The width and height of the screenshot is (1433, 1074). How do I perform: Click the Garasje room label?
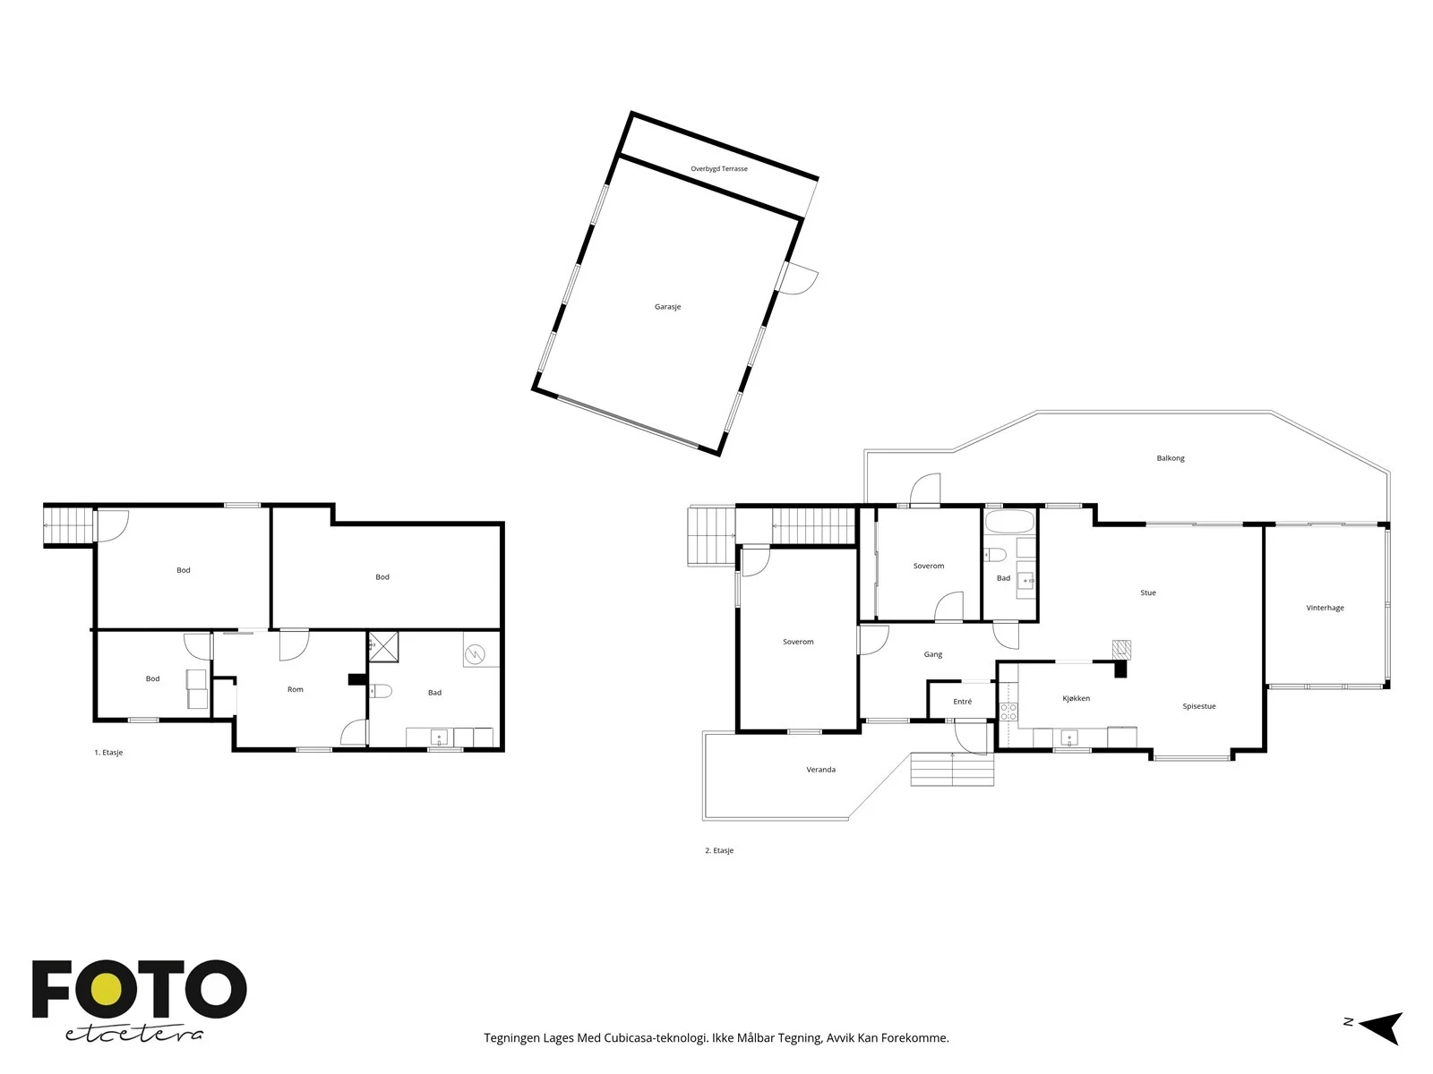tap(667, 306)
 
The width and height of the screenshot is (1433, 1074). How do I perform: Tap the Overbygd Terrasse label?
tap(719, 169)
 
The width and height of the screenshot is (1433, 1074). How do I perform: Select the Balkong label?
tap(1170, 458)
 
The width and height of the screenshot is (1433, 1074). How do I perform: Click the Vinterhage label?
tap(1325, 608)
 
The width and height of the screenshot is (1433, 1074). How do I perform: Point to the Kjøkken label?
tap(1076, 698)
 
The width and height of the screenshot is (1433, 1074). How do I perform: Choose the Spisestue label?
tap(1198, 706)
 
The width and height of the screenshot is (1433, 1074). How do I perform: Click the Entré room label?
tap(962, 702)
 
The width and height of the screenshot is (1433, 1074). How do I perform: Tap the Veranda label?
tap(820, 770)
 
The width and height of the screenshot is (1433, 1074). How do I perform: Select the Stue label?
tap(1147, 592)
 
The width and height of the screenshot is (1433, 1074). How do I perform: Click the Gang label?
tap(932, 654)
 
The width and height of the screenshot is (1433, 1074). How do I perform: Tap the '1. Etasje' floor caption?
tap(108, 753)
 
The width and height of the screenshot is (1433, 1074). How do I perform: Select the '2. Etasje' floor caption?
tap(719, 850)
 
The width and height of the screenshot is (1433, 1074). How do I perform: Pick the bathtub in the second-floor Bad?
tap(1009, 522)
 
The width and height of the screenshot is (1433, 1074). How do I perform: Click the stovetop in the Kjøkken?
tap(1008, 712)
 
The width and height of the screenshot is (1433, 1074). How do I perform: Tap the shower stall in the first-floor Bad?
tap(383, 647)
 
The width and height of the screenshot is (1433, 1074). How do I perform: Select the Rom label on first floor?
tap(295, 689)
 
